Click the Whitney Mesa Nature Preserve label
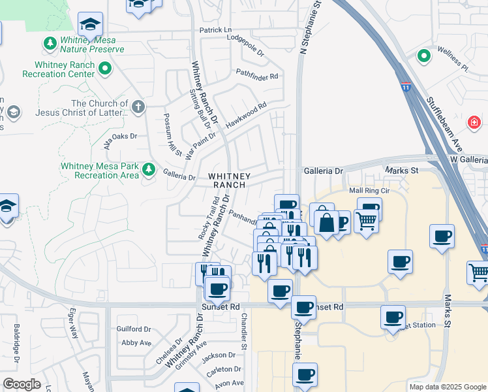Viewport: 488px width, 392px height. point(91,44)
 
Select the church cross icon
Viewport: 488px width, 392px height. point(138,106)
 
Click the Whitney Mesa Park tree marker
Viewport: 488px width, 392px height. point(149,170)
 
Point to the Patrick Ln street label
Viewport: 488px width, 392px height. point(215,30)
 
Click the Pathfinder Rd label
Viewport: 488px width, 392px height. point(257,76)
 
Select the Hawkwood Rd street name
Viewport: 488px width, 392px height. point(246,115)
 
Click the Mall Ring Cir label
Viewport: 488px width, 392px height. point(369,190)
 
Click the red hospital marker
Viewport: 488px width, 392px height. point(474,122)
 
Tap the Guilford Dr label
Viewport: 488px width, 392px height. point(134,329)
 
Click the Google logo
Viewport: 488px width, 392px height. point(22,384)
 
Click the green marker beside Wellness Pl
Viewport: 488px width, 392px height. point(424,56)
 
